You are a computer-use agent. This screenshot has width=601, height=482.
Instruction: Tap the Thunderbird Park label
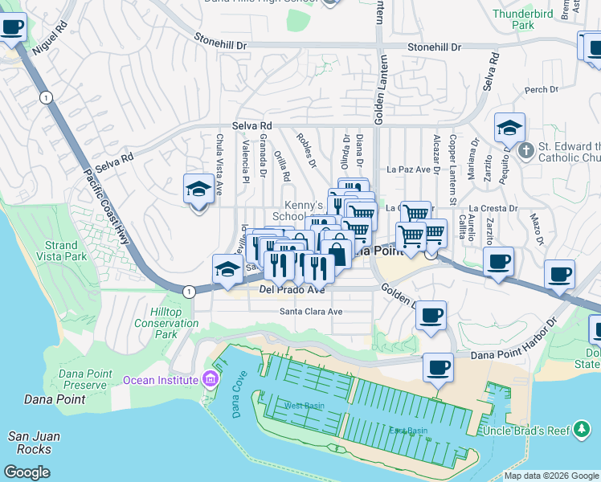535,18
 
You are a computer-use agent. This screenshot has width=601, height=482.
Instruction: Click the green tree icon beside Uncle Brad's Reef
581,431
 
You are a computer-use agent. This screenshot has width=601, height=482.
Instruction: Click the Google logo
27,472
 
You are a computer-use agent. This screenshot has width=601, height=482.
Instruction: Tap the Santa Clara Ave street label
311,311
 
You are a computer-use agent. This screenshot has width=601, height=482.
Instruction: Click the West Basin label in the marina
304,406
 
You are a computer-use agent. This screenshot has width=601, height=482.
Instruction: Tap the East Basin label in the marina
408,431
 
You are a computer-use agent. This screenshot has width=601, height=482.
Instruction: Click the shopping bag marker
337,255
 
